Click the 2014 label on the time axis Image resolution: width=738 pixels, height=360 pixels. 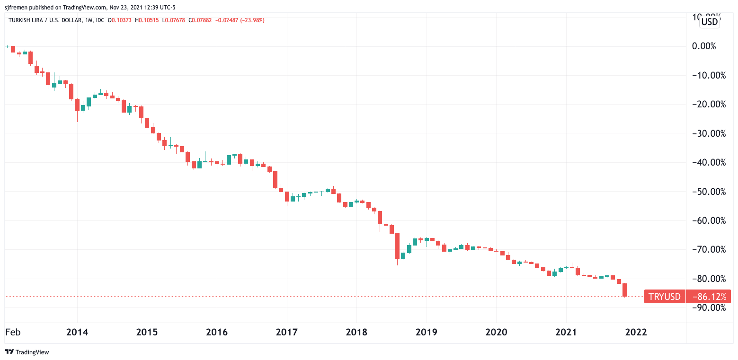point(77,332)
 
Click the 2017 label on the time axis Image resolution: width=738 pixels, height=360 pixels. point(287,332)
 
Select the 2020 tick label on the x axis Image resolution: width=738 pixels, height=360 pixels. point(497,332)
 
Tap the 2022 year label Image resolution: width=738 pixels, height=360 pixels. point(636,332)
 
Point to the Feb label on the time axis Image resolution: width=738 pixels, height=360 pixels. point(13,332)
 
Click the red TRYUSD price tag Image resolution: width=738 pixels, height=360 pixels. point(665,297)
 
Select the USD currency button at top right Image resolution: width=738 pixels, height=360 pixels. point(710,21)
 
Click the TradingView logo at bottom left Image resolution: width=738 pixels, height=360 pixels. point(27,352)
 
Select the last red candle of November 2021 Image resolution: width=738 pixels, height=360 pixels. point(625,290)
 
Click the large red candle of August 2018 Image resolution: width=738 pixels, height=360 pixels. point(398,246)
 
